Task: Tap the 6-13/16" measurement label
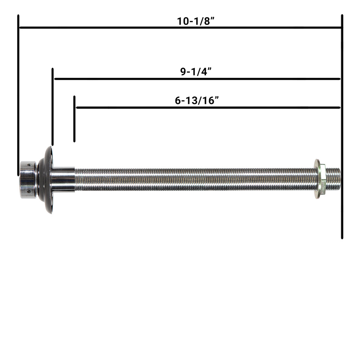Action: [197, 101]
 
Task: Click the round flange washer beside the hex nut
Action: [317, 180]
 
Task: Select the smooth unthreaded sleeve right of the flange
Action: [63, 180]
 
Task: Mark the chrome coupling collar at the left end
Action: [28, 180]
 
